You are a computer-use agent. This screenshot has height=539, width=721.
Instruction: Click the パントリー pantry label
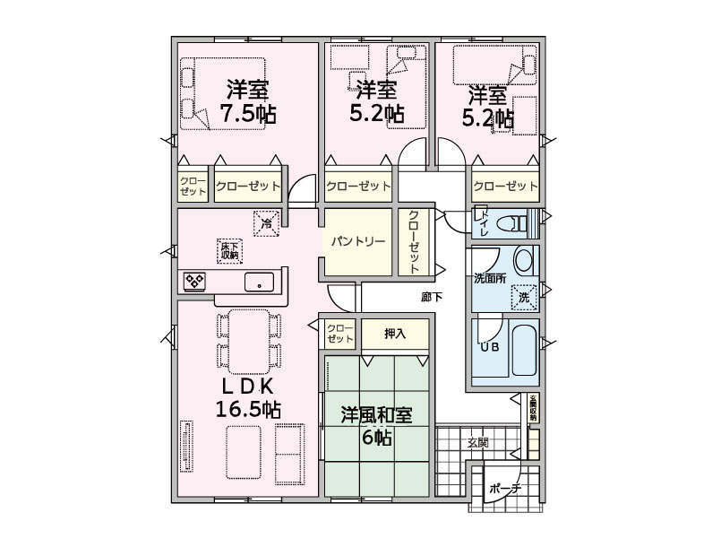pyautogui.click(x=357, y=240)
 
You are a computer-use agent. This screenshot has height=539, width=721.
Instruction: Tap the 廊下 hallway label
pyautogui.click(x=432, y=297)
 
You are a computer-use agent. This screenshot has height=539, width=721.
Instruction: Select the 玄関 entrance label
pyautogui.click(x=478, y=443)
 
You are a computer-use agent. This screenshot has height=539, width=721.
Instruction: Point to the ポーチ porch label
pyautogui.click(x=504, y=489)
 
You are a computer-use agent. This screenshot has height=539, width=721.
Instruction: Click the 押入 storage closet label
pyautogui.click(x=395, y=334)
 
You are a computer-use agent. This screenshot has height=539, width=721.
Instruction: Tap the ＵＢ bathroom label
pyautogui.click(x=490, y=347)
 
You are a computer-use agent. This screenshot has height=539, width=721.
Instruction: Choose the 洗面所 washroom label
pyautogui.click(x=490, y=279)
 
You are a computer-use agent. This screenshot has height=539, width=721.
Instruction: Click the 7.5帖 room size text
pyautogui.click(x=248, y=113)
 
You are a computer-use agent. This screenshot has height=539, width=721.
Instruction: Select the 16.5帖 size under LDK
pyautogui.click(x=248, y=408)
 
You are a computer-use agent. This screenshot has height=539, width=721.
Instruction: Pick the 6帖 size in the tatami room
pyautogui.click(x=377, y=437)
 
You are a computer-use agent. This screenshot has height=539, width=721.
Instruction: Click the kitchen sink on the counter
pyautogui.click(x=259, y=282)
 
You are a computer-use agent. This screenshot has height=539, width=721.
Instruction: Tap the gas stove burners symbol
pyautogui.click(x=194, y=282)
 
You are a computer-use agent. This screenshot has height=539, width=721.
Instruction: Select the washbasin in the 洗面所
pyautogui.click(x=523, y=260)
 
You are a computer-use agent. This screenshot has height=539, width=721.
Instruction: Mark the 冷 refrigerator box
pyautogui.click(x=266, y=223)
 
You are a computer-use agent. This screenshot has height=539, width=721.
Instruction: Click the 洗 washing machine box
pyautogui.click(x=524, y=298)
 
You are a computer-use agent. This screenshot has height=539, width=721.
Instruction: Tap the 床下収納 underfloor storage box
pyautogui.click(x=229, y=251)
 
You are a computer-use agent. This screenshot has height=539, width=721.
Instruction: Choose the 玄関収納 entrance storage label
pyautogui.click(x=533, y=408)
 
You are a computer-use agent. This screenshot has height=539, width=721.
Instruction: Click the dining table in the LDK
pyautogui.click(x=248, y=341)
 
